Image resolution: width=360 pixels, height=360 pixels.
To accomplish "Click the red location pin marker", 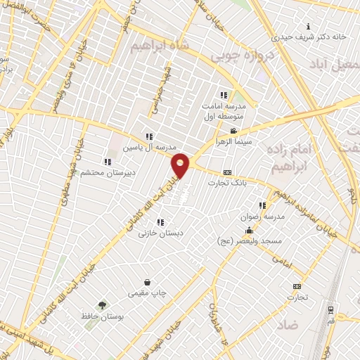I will [x=181, y=165].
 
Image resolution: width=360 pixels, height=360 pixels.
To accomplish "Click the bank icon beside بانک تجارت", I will [x=227, y=172].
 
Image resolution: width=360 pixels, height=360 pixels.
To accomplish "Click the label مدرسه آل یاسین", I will [x=147, y=148].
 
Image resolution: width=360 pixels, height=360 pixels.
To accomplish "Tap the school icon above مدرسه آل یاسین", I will [x=148, y=137].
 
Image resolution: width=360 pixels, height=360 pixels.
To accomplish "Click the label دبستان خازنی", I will [x=161, y=231].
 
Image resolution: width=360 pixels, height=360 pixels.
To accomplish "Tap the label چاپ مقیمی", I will [x=147, y=292].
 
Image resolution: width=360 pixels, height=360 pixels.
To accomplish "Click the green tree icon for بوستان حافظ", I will [x=103, y=305].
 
